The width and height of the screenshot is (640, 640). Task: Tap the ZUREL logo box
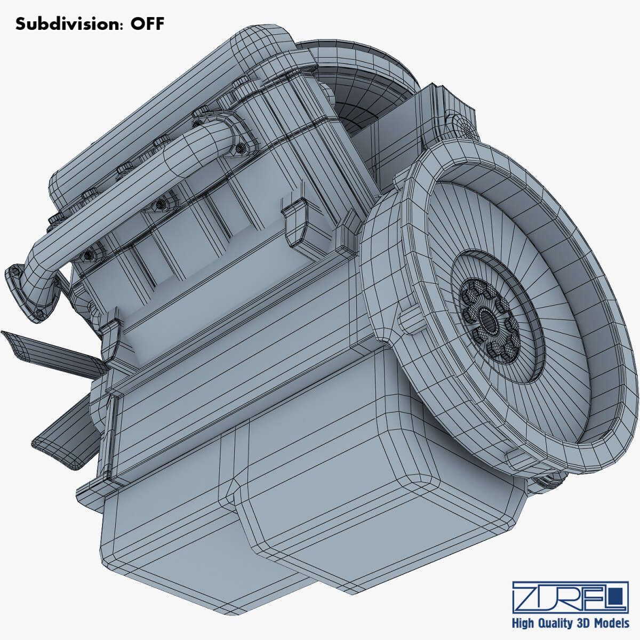(570, 597)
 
